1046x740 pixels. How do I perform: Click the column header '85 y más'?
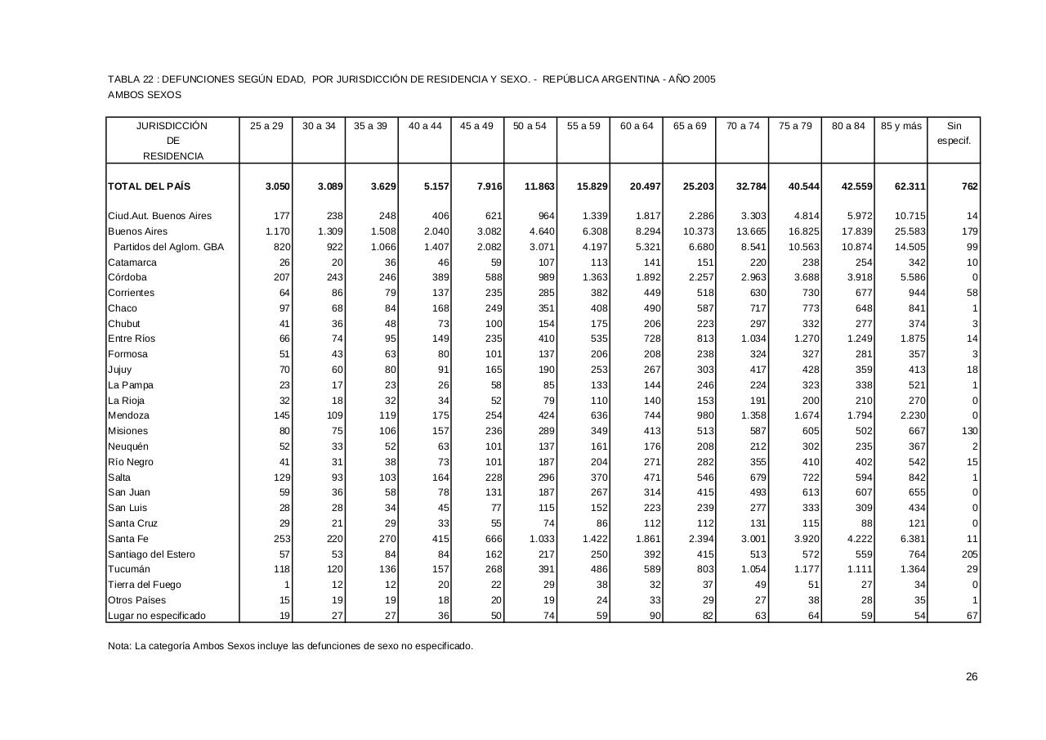[x=901, y=126]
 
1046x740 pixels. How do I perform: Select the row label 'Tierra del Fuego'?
[x=145, y=585]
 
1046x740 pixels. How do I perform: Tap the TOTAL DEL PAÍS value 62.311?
[x=910, y=186]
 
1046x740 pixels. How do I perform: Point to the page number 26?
[x=971, y=676]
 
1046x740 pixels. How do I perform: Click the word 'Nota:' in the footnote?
[x=120, y=646]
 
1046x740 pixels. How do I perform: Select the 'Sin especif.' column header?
[x=954, y=133]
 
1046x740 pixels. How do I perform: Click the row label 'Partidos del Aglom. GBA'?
[x=168, y=247]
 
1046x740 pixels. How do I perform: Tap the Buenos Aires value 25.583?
[x=910, y=231]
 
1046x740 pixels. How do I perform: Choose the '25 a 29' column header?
[x=266, y=126]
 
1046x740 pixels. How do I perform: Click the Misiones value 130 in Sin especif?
[x=969, y=431]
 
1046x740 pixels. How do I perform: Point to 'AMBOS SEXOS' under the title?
[x=145, y=95]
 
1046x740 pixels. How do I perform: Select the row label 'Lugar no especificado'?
[x=157, y=616]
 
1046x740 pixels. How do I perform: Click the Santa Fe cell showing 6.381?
[x=911, y=539]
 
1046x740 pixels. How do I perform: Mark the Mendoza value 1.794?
[x=857, y=415]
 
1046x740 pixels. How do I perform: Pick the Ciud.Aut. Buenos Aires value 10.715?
[x=910, y=216]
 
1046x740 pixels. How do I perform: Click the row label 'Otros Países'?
[x=136, y=600]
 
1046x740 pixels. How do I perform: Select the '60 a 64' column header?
[x=637, y=126]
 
